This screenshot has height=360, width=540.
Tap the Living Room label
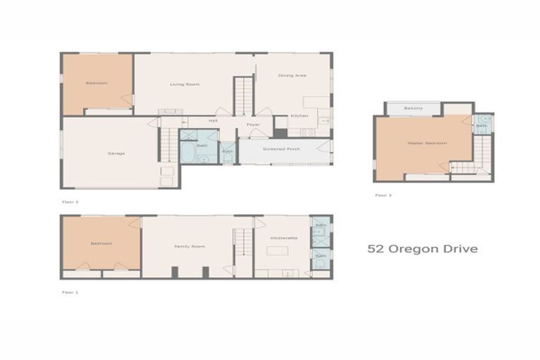[x=185, y=84]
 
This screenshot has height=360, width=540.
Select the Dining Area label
[x=292, y=75]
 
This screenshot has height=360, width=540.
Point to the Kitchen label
[x=299, y=116]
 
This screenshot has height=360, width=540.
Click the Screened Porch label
[x=282, y=149]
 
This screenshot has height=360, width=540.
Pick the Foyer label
[x=253, y=125]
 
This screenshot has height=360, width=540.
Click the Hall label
[x=212, y=121]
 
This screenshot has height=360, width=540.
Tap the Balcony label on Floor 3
[x=413, y=108]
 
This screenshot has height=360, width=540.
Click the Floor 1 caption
[x=70, y=291]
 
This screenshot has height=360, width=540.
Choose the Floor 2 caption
[x=70, y=202]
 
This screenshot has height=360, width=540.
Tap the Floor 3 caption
[x=382, y=195]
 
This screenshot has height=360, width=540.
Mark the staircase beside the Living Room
[x=243, y=96]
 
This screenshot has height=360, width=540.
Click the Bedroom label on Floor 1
[x=101, y=243]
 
